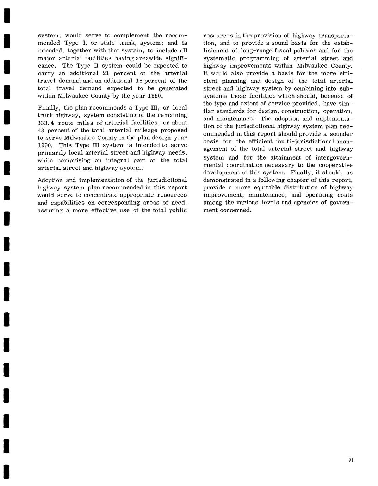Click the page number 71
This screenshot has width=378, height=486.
point(351,460)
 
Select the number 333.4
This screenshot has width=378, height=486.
point(46,123)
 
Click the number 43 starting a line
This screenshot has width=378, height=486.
point(41,130)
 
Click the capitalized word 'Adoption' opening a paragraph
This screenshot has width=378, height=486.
point(49,180)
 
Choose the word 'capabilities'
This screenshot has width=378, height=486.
point(67,202)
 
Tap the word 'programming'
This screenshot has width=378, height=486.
point(264,58)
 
